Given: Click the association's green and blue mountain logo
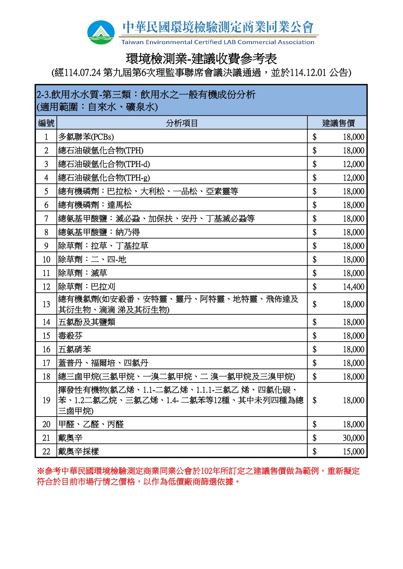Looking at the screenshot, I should pyautogui.click(x=101, y=32).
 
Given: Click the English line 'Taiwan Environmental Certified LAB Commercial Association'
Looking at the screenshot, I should pyautogui.click(x=218, y=42).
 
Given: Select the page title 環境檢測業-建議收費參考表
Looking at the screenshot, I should pyautogui.click(x=201, y=59).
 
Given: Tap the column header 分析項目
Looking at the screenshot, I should pyautogui.click(x=182, y=123).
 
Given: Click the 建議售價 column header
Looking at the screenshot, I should pyautogui.click(x=338, y=123).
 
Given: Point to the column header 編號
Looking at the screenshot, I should pyautogui.click(x=46, y=123).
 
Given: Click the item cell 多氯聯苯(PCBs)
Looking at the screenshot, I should pyautogui.click(x=86, y=137).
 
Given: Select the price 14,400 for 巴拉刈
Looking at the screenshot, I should pyautogui.click(x=354, y=287).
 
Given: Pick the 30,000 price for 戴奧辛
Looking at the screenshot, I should pyautogui.click(x=354, y=438).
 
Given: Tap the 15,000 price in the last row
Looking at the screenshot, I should pyautogui.click(x=354, y=452).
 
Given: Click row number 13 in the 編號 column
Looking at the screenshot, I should pyautogui.click(x=46, y=304).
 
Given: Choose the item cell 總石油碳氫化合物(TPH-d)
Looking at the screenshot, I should pyautogui.click(x=104, y=164).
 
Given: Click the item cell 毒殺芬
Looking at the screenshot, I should pyautogui.click(x=70, y=336).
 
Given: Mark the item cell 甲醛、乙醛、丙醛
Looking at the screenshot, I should pyautogui.click(x=91, y=424).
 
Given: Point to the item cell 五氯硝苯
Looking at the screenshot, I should pyautogui.click(x=75, y=349).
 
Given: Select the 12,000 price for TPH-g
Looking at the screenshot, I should pyautogui.click(x=354, y=178).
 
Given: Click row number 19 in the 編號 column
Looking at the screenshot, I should pyautogui.click(x=46, y=400).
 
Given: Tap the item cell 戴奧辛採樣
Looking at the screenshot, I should pyautogui.click(x=79, y=452).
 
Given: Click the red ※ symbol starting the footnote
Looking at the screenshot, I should pyautogui.click(x=41, y=471).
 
